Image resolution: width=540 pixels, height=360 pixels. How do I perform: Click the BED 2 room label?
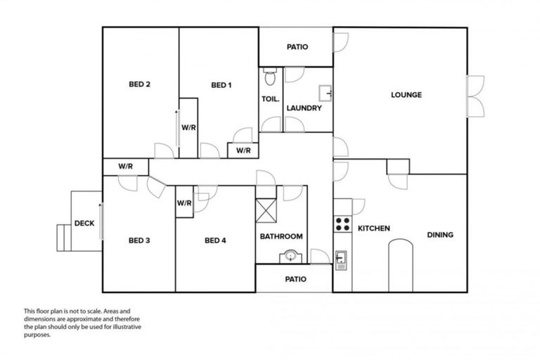click(140, 85)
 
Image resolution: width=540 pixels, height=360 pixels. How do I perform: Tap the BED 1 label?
click(221, 86)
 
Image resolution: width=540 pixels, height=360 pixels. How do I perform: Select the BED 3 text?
click(139, 240)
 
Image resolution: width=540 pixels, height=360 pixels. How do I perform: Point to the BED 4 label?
click(215, 240)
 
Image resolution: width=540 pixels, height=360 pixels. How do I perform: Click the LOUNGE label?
click(406, 95)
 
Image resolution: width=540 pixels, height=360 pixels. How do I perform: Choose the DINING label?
click(440, 235)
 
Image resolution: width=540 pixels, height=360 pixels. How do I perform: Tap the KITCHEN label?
click(374, 229)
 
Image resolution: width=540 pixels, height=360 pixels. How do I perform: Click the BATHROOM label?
click(281, 236)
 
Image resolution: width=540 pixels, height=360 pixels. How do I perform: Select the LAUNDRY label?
click(304, 108)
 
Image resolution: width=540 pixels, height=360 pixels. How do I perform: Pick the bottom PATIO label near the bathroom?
click(295, 279)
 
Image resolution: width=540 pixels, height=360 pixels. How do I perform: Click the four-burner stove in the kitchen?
click(342, 224)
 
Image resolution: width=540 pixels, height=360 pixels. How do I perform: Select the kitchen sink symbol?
click(341, 259)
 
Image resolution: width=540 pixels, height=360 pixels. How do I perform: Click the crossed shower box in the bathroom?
click(266, 210)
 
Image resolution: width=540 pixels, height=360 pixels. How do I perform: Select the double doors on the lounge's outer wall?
click(475, 96)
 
